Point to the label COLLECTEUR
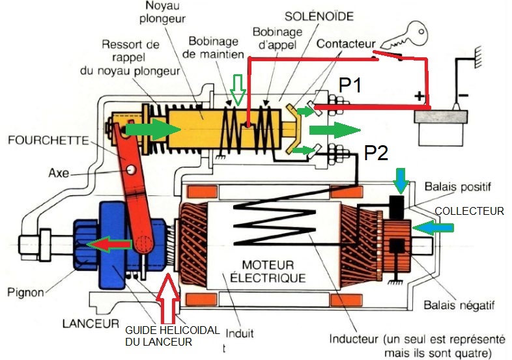pos(469,211)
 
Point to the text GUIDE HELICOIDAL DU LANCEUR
pos(171,335)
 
